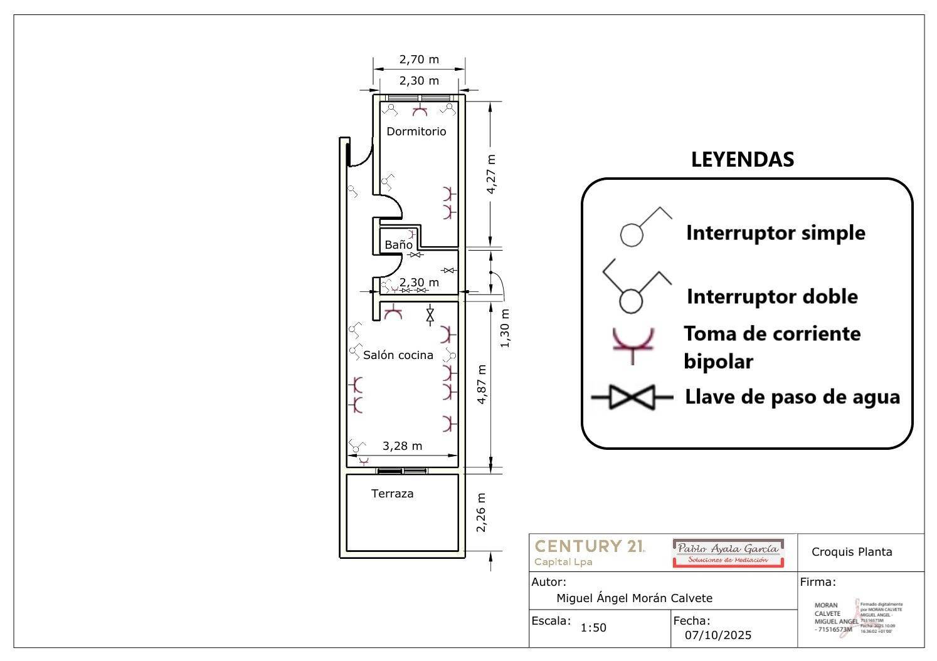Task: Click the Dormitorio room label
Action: (416, 132)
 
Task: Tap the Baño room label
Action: (398, 245)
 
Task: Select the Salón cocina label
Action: (398, 355)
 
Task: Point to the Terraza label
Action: (392, 494)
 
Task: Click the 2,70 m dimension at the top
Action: (419, 60)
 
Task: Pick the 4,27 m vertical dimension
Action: (491, 174)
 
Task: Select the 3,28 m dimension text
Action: (402, 446)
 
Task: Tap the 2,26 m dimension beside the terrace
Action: (481, 512)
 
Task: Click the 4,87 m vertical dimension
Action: (481, 384)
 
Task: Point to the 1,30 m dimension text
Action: (505, 328)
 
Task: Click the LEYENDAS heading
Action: (742, 160)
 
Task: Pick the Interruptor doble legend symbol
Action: (636, 287)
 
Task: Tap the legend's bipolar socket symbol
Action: (633, 344)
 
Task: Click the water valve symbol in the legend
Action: (632, 397)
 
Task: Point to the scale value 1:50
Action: (593, 628)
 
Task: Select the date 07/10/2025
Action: (718, 635)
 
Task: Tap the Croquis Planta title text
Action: (851, 552)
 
